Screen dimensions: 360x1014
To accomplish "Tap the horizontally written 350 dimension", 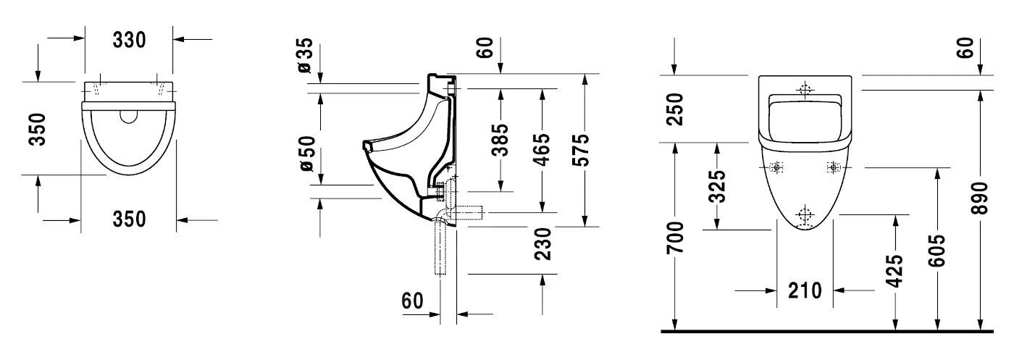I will [x=129, y=218].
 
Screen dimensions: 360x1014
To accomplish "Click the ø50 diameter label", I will [x=306, y=154].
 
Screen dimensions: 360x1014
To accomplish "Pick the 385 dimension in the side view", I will [x=500, y=141].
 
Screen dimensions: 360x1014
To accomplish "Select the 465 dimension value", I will [x=541, y=150].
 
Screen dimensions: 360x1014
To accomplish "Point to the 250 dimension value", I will [x=675, y=109].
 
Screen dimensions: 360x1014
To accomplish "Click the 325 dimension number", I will [x=716, y=186].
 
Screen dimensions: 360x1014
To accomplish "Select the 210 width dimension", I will [x=805, y=290].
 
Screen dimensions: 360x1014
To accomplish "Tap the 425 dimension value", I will [x=895, y=271].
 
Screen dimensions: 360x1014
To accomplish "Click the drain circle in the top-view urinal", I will [x=129, y=117].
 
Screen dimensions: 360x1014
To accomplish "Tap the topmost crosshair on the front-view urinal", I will [x=804, y=90].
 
